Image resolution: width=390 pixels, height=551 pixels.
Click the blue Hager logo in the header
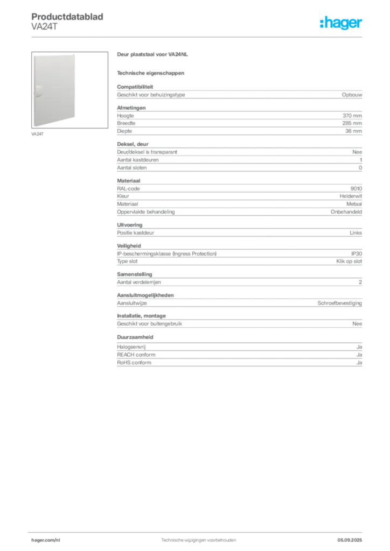pos(342,24)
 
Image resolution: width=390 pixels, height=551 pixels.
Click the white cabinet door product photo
pos(54,90)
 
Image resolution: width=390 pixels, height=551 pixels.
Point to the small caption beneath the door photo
pos(38,133)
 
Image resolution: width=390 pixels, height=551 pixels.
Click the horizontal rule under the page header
pos(198,36)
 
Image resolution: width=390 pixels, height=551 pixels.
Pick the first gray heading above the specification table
pos(152,55)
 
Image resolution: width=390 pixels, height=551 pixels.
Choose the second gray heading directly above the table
pos(151,73)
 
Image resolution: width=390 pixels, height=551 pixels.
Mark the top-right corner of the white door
pos(76,55)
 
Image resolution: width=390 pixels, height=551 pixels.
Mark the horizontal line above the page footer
pos(198,531)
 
